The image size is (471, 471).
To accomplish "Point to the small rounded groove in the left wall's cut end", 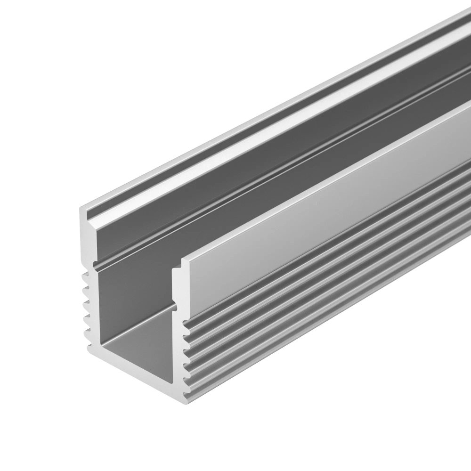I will pos(96,266).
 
